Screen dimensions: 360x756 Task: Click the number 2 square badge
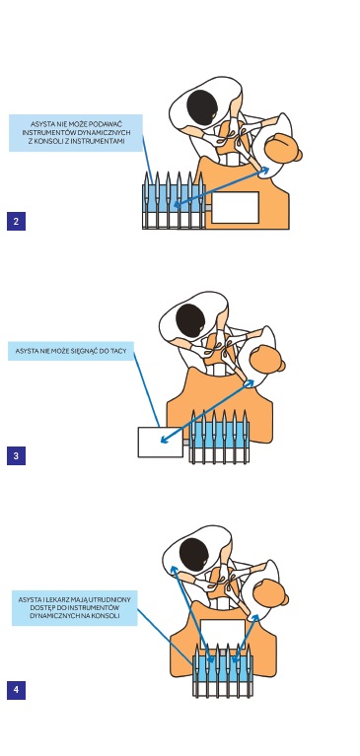click(x=16, y=222)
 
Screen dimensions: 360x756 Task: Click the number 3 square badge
click(x=16, y=455)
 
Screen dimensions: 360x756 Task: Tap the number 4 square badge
click(x=16, y=690)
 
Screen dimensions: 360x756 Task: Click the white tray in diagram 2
click(x=235, y=207)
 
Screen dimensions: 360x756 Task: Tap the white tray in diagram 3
click(x=160, y=442)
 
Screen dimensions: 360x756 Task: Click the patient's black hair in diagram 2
click(x=202, y=107)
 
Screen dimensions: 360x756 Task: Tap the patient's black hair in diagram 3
click(x=190, y=321)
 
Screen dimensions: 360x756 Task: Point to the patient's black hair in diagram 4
click(x=193, y=555)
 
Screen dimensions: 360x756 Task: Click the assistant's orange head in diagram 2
click(x=283, y=149)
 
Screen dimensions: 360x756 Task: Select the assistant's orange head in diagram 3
click(x=268, y=359)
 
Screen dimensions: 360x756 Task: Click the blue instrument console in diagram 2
click(x=174, y=201)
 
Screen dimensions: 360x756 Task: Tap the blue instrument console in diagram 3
click(x=220, y=438)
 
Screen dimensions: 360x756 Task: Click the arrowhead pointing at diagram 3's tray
click(x=165, y=440)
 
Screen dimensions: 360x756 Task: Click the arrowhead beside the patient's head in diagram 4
click(x=174, y=570)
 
